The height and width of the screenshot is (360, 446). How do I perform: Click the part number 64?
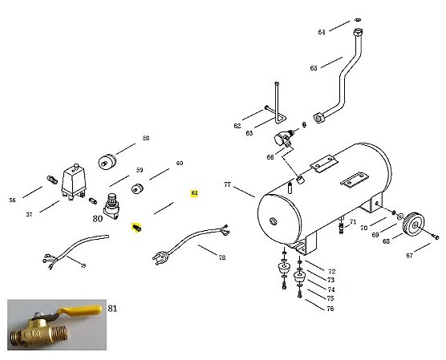(322, 32)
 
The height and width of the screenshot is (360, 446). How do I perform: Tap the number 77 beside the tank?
(227, 185)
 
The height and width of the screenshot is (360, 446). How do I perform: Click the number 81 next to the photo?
(112, 307)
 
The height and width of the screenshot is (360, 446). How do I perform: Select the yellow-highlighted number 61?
(194, 193)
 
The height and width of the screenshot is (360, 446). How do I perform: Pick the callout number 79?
(83, 265)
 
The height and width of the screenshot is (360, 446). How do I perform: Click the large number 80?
(97, 217)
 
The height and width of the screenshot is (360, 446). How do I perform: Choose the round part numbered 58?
(105, 162)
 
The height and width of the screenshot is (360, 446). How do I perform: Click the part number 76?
(330, 308)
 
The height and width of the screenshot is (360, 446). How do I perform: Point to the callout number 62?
(237, 126)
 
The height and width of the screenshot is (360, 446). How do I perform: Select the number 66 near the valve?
(270, 158)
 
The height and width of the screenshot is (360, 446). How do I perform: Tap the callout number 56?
(12, 200)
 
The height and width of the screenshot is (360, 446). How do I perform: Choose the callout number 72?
(331, 272)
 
